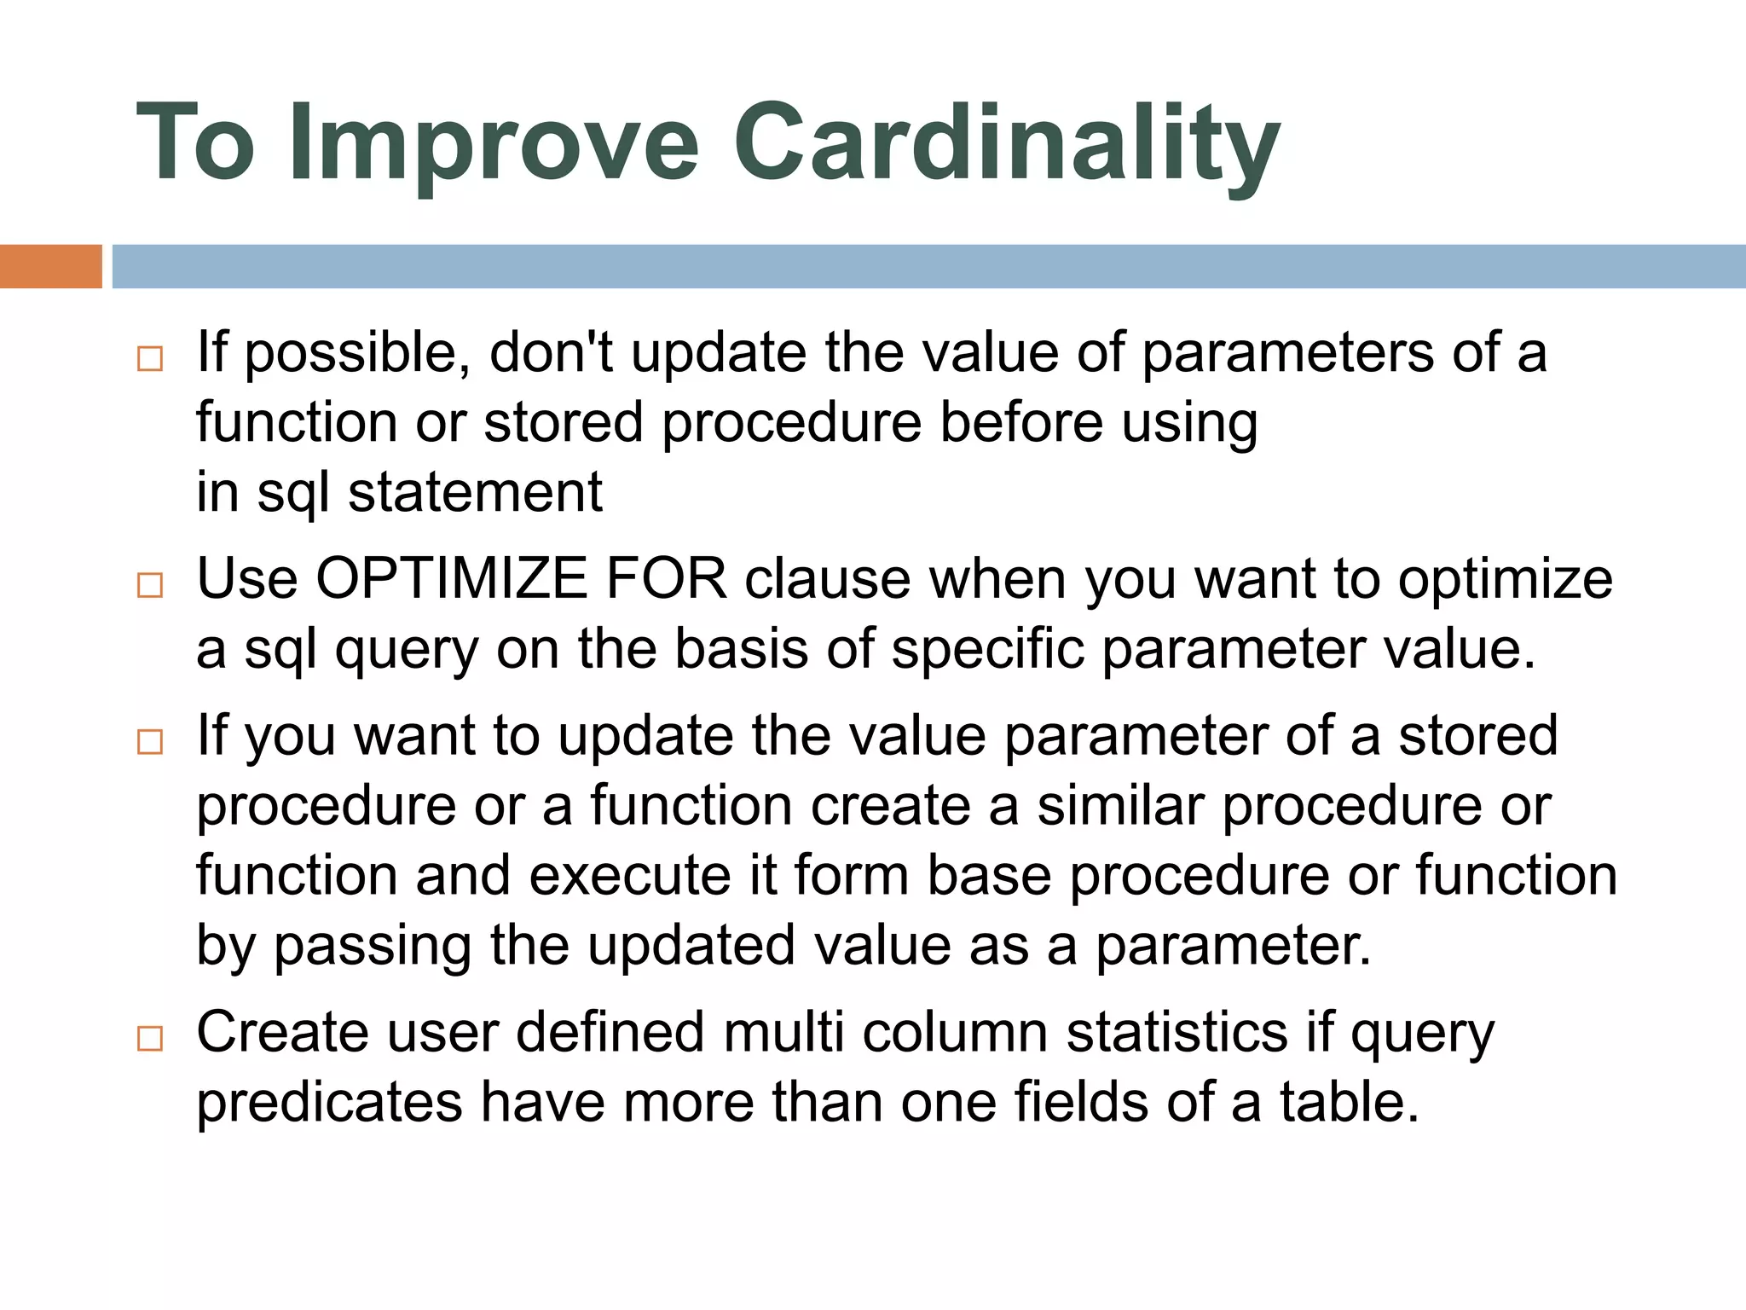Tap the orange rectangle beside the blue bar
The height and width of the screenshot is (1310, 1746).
click(50, 266)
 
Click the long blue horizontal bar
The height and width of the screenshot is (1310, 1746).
click(928, 266)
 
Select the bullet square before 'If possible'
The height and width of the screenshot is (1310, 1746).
click(150, 358)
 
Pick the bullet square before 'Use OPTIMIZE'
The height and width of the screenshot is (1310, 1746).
click(150, 585)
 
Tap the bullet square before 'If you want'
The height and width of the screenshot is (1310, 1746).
click(150, 741)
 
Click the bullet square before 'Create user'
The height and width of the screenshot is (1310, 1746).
click(150, 1038)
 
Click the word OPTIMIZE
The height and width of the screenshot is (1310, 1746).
click(451, 579)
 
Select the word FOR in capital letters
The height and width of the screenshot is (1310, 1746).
click(666, 579)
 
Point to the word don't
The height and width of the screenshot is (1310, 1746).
click(551, 352)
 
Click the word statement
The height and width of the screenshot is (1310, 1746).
click(475, 493)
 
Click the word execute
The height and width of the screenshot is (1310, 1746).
click(630, 876)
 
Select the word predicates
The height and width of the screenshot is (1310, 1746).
click(329, 1103)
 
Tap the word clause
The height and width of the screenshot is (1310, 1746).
click(827, 579)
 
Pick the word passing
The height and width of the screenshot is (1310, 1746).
click(372, 947)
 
